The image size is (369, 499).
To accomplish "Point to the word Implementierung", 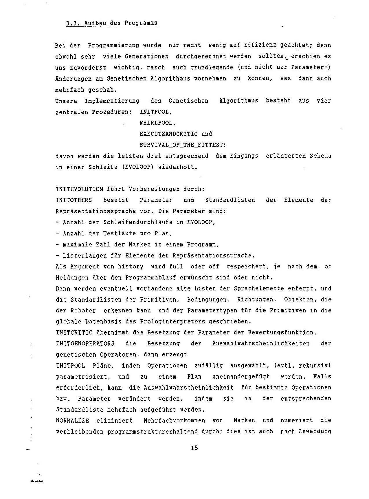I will coord(112,101).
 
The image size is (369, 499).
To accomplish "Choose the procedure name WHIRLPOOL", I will coord(157,123).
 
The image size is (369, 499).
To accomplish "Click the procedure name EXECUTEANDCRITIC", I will coord(168,134).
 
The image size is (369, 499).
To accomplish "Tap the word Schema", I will coord(320,156).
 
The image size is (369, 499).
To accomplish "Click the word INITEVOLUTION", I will coord(79,189).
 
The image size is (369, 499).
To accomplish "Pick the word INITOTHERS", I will coord(74,200).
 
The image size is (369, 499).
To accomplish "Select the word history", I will coord(131,267).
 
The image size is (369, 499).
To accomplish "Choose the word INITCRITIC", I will coord(74,333).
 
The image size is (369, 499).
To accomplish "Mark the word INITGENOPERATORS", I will coord(85,344).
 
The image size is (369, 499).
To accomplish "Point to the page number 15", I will coord(194,448).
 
